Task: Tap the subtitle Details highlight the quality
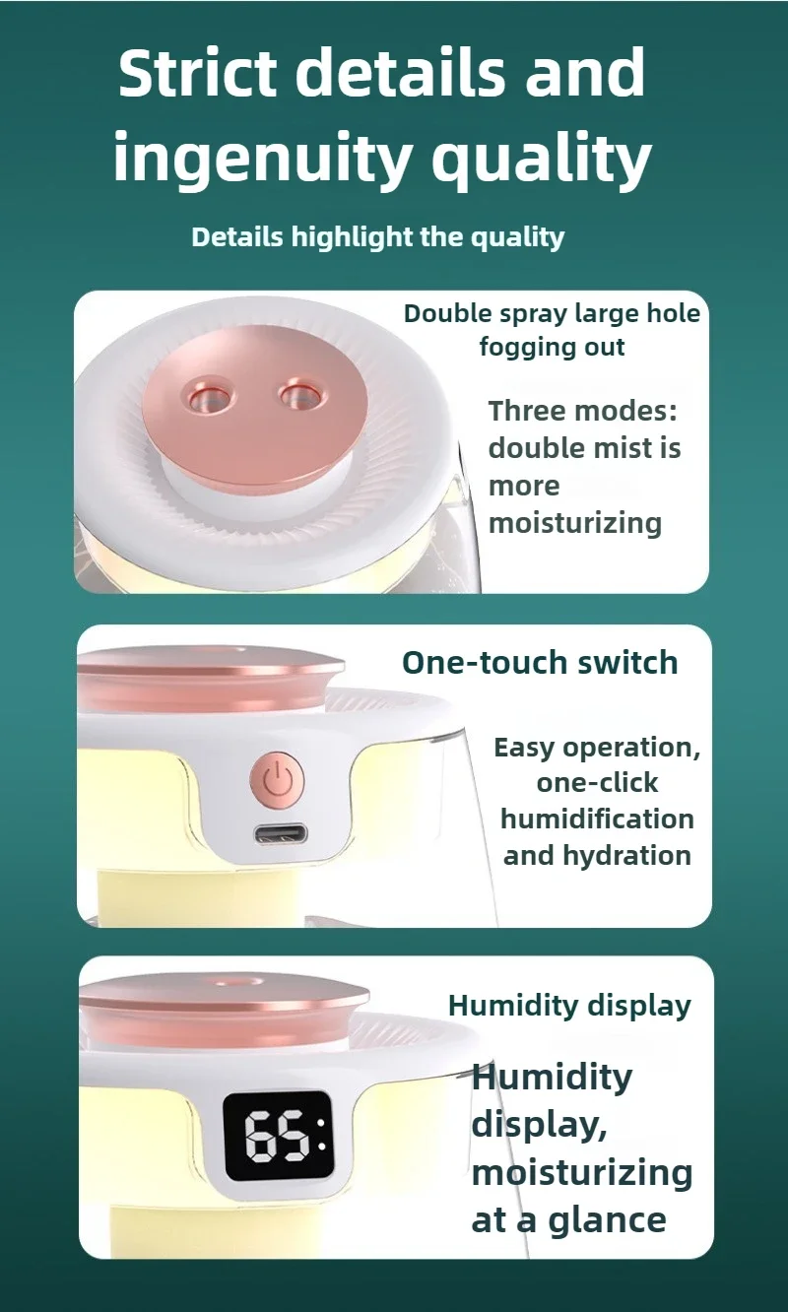pos(378,237)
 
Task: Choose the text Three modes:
pos(583,411)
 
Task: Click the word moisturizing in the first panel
pos(575,523)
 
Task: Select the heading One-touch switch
pos(540,663)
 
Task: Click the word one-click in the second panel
pos(597,783)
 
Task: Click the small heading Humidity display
pos(569,1006)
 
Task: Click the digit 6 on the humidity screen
pos(260,1137)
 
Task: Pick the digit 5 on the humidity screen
pos(293,1137)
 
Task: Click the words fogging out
pos(552,348)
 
